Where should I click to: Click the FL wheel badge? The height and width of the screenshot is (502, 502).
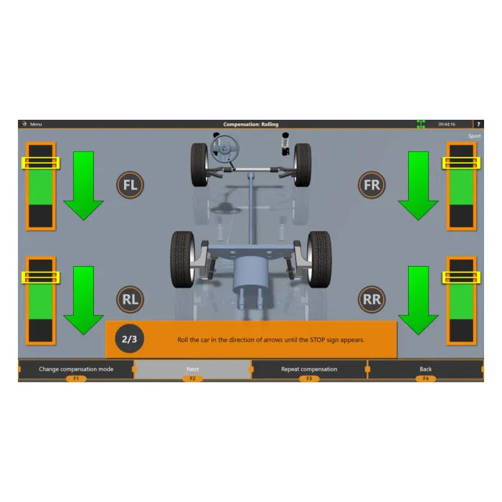(x=130, y=185)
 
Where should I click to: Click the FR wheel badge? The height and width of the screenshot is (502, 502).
(x=371, y=185)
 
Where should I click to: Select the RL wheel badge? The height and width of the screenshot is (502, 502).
(x=130, y=299)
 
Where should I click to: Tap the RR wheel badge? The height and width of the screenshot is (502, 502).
(x=371, y=299)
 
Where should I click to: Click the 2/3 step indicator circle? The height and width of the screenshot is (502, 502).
(x=129, y=338)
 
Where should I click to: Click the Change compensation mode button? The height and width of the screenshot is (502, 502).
(x=76, y=369)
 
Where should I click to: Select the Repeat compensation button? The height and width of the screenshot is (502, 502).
(x=309, y=369)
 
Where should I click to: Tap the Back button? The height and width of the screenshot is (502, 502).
(x=425, y=369)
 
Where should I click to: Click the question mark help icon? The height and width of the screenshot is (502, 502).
(x=478, y=124)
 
